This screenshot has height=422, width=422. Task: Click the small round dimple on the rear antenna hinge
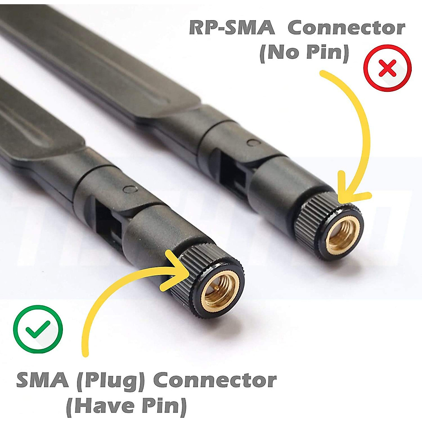click(x=252, y=142)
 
